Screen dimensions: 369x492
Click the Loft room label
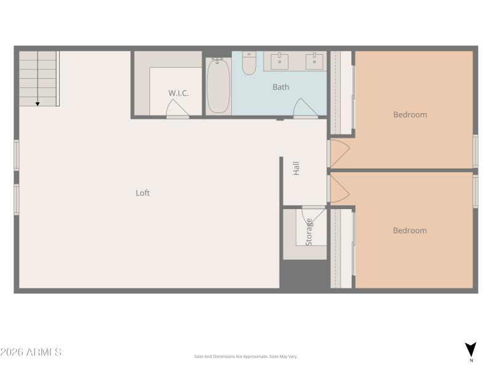point(143,193)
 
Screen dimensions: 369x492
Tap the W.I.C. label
point(178,93)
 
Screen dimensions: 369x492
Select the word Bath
point(280,87)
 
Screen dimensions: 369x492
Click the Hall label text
point(296,169)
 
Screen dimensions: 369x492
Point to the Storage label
point(309,232)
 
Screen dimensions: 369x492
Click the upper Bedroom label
point(410,114)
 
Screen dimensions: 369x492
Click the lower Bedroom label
point(410,231)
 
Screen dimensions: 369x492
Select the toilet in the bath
point(248,63)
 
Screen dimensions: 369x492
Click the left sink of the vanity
point(280,60)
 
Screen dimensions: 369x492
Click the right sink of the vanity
point(315,60)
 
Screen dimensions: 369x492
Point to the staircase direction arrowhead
point(38,104)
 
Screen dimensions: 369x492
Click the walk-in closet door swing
point(177,109)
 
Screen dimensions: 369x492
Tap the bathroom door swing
point(305,108)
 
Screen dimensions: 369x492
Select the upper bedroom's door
point(339,153)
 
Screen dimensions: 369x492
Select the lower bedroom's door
point(339,189)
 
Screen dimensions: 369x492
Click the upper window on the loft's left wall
point(17,155)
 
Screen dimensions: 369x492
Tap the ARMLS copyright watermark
point(31,352)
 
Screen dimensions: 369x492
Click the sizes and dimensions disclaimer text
point(246,357)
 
